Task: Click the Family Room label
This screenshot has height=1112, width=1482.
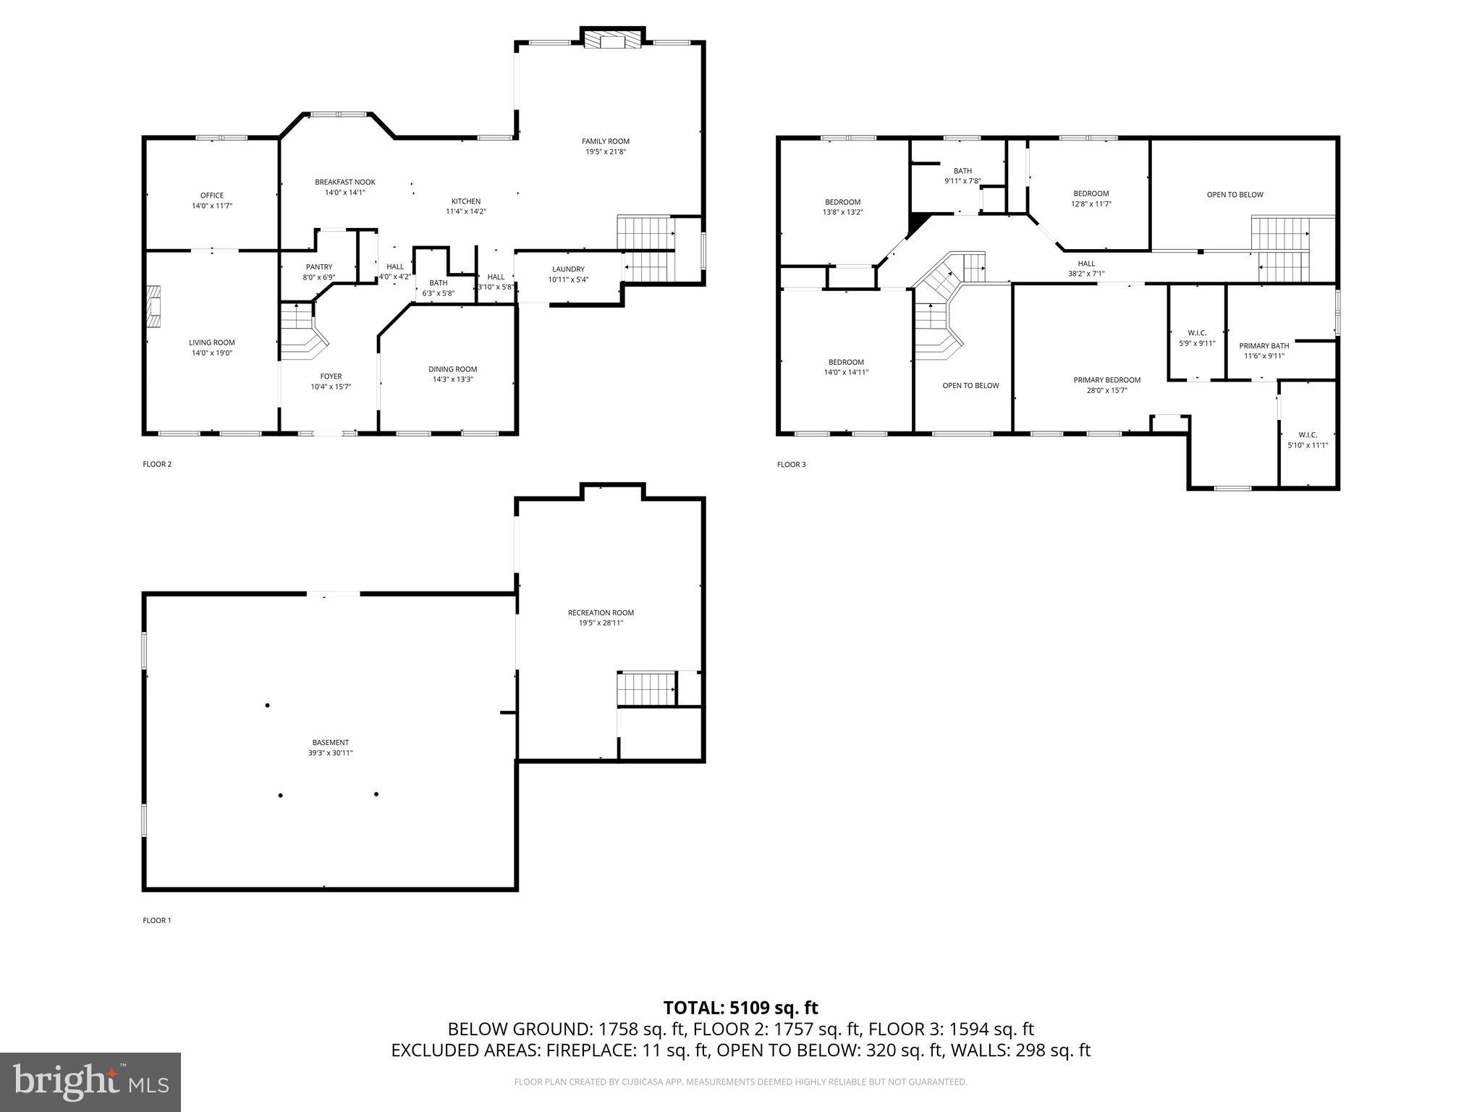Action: tap(605, 141)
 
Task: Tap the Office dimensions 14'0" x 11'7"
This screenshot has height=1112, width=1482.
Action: tap(212, 206)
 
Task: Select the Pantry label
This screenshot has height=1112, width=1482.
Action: tap(318, 267)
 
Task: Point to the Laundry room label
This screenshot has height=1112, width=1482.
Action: tap(568, 269)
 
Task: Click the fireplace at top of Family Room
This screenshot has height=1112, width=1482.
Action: tap(612, 41)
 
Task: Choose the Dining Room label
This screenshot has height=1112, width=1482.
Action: tap(452, 369)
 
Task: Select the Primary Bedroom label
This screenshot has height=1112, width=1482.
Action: tap(1106, 380)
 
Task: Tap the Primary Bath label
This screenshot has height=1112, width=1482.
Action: tap(1263, 346)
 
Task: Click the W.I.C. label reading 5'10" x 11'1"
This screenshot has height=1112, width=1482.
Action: tap(1308, 445)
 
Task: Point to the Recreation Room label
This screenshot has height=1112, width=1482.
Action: tap(601, 612)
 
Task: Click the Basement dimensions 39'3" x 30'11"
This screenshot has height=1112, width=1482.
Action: tap(331, 753)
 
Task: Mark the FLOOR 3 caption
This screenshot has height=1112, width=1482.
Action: tap(791, 465)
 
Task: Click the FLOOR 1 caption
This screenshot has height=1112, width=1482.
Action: tap(157, 921)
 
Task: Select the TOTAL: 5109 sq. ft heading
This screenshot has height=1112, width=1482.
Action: tap(740, 1008)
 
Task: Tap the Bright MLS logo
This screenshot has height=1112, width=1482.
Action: tap(90, 1082)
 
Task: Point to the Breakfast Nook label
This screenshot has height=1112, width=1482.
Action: tap(344, 182)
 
